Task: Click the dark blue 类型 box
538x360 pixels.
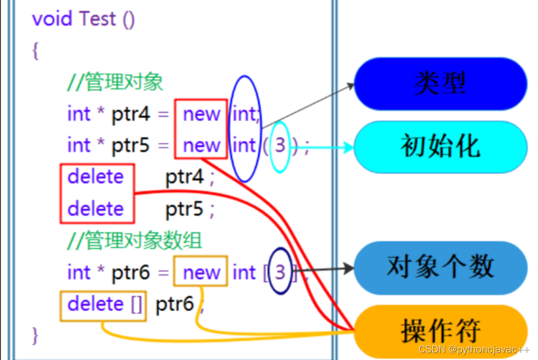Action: click(440, 83)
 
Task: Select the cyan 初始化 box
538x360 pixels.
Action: click(440, 146)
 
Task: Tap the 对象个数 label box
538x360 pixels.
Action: click(440, 267)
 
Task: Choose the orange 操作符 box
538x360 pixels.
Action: click(440, 331)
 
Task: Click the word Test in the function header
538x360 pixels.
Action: click(98, 19)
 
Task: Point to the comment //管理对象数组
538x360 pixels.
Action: click(135, 241)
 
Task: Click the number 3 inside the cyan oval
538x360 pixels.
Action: click(280, 145)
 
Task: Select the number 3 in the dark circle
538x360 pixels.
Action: click(280, 273)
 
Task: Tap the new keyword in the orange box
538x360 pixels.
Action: click(201, 273)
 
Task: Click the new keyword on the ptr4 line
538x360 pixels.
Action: click(201, 113)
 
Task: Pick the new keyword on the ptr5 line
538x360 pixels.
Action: click(201, 145)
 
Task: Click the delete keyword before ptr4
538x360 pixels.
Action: click(96, 177)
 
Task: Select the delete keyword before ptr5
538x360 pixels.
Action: click(96, 208)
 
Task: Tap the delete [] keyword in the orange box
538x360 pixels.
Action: click(103, 304)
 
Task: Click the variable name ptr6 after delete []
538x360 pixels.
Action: click(174, 304)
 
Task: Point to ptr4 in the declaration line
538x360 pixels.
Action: click(131, 113)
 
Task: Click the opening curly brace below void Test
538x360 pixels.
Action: click(36, 51)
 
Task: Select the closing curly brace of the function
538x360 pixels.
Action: click(36, 335)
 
